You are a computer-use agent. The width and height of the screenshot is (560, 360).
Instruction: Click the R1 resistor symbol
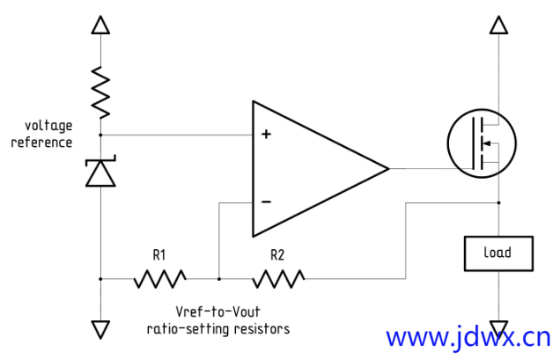[160, 279]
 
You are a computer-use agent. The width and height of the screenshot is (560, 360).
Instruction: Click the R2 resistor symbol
[278, 279]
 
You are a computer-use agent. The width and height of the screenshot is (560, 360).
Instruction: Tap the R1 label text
[159, 256]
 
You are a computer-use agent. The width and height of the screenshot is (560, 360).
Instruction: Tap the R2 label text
[277, 256]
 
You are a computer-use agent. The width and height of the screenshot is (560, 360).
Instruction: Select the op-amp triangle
[308, 168]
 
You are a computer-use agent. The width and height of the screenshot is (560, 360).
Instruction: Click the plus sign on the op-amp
[266, 135]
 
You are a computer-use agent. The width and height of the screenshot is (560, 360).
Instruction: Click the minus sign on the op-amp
[266, 202]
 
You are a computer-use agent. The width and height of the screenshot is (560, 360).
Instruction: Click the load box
[497, 253]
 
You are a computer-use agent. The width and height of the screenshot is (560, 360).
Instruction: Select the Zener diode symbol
[100, 172]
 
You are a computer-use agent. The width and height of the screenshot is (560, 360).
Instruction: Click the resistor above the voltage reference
[100, 92]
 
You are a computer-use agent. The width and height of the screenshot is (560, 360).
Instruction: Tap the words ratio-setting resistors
[217, 328]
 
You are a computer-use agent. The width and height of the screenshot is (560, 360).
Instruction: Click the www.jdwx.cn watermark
[468, 337]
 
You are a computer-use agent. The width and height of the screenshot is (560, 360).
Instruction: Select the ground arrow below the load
[498, 328]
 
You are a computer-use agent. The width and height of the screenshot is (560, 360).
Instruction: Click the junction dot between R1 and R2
[218, 279]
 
